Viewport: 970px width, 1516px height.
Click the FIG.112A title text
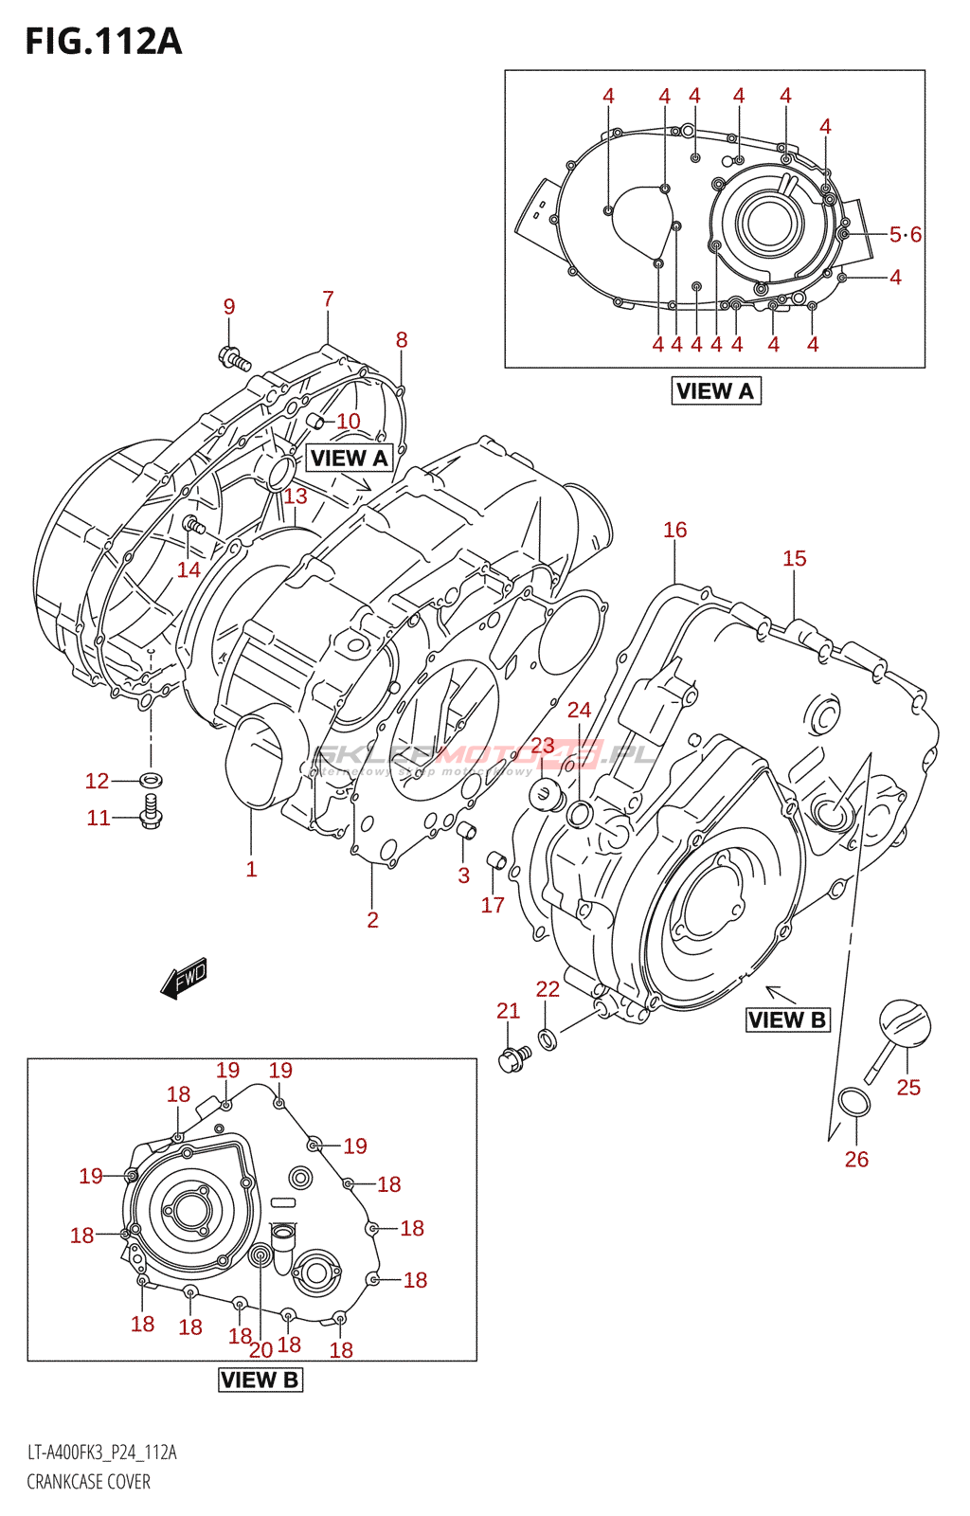point(103,42)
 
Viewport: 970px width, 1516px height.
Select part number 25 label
point(908,1088)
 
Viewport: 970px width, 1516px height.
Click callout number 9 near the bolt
point(229,307)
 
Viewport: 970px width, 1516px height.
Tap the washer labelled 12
point(151,780)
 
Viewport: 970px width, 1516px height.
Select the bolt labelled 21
point(512,1059)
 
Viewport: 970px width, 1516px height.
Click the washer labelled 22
point(547,1040)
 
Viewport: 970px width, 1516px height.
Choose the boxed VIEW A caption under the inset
point(715,390)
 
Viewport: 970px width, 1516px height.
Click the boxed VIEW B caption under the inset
point(260,1380)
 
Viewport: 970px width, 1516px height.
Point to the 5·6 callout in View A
point(905,234)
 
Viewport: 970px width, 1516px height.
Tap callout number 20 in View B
point(260,1349)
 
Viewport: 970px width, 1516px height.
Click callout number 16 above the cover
point(674,530)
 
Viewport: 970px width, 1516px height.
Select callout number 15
point(794,558)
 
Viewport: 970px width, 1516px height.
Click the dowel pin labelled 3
point(465,832)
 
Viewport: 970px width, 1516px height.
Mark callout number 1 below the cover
point(251,869)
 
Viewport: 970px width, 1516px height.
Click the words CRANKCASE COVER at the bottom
point(88,1482)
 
